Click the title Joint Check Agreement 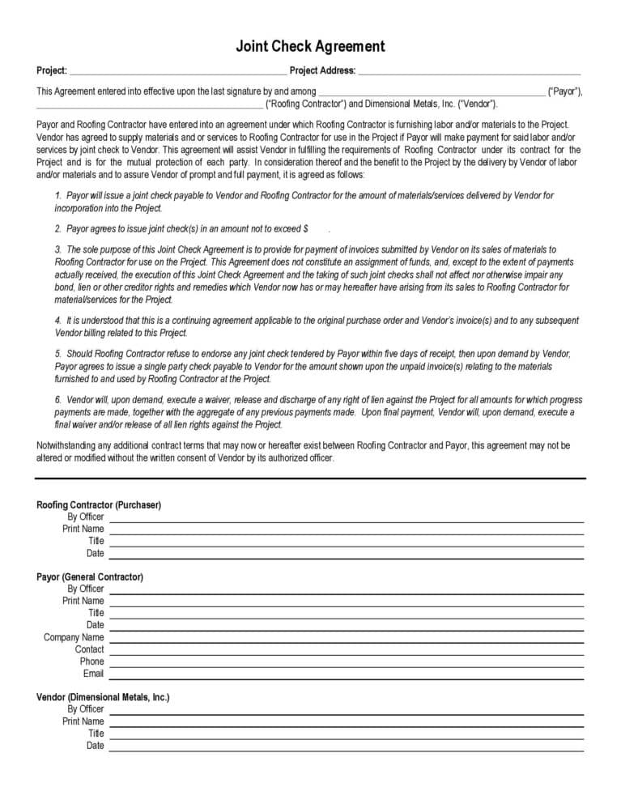310,46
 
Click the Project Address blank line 470,71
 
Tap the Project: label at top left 52,70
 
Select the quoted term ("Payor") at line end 565,91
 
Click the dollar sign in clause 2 305,229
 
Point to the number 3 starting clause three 58,249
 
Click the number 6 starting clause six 58,400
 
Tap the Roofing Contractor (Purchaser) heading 99,504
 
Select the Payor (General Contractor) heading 90,576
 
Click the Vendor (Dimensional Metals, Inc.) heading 103,696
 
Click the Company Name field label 74,637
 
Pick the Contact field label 89,649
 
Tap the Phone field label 91,661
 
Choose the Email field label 93,674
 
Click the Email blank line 346,677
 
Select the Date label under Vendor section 95,745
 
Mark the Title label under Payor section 96,613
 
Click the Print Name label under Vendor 83,721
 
